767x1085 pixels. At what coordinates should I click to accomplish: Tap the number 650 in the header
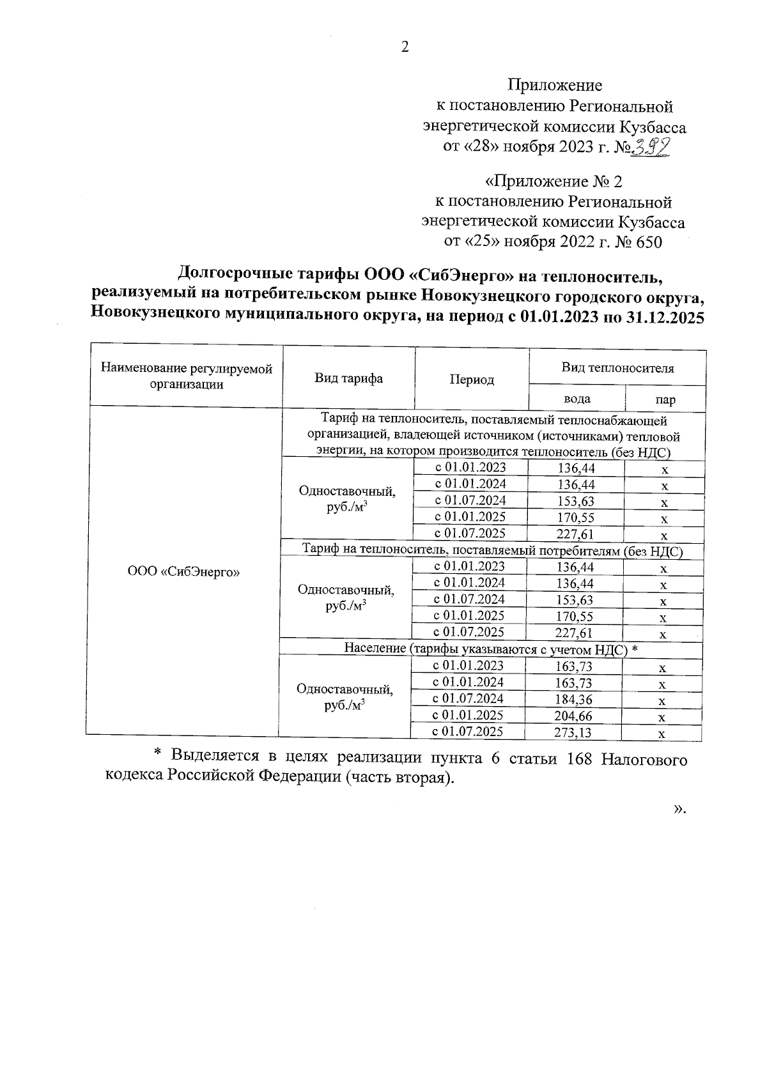click(649, 242)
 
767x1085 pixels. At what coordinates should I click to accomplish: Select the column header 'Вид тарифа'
click(348, 378)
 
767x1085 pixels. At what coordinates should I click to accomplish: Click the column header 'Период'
click(472, 380)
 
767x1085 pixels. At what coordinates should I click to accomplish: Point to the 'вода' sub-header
click(577, 399)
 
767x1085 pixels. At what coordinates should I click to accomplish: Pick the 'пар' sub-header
click(665, 401)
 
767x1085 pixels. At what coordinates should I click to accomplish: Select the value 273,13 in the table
click(573, 733)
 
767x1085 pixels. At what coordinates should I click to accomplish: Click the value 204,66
click(573, 716)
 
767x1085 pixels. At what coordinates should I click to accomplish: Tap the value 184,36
click(573, 700)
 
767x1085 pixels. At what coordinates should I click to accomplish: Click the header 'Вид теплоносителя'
click(617, 368)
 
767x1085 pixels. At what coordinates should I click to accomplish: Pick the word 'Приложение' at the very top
click(555, 85)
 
